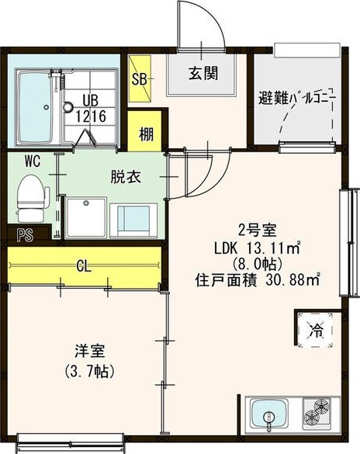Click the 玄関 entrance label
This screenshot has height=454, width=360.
[203, 73]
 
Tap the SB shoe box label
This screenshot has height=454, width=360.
[139, 78]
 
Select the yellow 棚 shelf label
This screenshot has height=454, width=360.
[146, 134]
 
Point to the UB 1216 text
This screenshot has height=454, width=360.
[91, 109]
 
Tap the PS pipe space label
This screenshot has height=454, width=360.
[25, 235]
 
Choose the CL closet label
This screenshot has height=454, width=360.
[84, 266]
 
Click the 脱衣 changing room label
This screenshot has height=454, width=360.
[126, 177]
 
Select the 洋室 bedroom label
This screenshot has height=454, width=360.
[90, 351]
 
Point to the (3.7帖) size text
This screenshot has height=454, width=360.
[90, 371]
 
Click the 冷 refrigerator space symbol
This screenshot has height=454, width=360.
[317, 331]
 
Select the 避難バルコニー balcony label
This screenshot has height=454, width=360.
[297, 99]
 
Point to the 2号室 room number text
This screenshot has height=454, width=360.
[258, 230]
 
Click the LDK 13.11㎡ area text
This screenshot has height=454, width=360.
[258, 248]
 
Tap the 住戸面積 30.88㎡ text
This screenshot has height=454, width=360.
[258, 280]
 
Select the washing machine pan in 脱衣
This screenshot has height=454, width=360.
[86, 218]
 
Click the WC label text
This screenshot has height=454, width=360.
[33, 161]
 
